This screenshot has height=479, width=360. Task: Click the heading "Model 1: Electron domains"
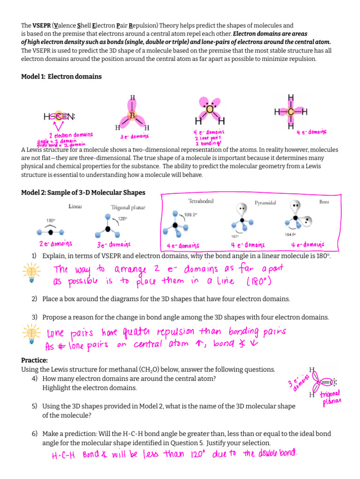pyautogui.click(x=61, y=76)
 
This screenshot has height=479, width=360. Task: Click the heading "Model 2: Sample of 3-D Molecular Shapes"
pyautogui.click(x=83, y=193)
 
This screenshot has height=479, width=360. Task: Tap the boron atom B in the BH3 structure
pyautogui.click(x=133, y=115)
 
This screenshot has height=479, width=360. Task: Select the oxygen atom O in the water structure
pyautogui.click(x=210, y=109)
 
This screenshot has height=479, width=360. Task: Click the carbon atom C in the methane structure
pyautogui.click(x=291, y=112)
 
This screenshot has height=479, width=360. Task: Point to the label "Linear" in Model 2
pyautogui.click(x=75, y=206)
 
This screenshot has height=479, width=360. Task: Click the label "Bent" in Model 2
pyautogui.click(x=324, y=202)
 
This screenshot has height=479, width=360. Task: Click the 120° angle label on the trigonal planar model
pyautogui.click(x=122, y=218)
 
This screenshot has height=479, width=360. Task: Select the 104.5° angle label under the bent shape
pyautogui.click(x=290, y=234)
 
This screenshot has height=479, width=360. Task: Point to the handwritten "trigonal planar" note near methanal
pyautogui.click(x=332, y=397)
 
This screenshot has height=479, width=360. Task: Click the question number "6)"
pyautogui.click(x=35, y=434)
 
